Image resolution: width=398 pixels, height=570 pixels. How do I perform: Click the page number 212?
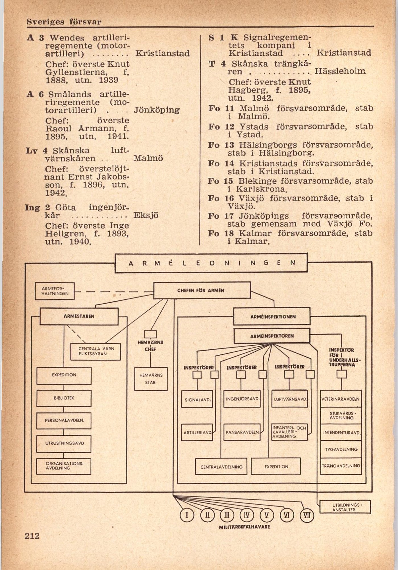32,536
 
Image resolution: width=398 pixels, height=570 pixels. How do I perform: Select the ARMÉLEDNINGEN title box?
211,263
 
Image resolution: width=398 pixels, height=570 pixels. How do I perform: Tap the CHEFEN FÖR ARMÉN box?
202,290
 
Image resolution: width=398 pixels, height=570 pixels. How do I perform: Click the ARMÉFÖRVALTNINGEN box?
55,291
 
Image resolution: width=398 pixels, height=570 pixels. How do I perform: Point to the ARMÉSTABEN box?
79,316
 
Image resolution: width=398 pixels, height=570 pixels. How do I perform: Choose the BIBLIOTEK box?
64,398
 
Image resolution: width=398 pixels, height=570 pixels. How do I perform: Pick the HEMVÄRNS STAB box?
151,379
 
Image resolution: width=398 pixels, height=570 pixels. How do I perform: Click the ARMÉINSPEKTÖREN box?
272,336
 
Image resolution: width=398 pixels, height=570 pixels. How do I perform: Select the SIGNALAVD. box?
198,400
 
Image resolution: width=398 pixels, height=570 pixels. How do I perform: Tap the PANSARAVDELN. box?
242,432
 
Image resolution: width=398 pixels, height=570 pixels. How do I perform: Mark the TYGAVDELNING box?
341,449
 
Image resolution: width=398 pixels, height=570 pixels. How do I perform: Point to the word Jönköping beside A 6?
157,110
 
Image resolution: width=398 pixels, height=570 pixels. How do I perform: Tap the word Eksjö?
146,215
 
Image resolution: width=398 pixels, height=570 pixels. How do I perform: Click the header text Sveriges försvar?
64,22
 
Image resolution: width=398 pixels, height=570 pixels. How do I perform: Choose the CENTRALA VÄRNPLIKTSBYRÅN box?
96,352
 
